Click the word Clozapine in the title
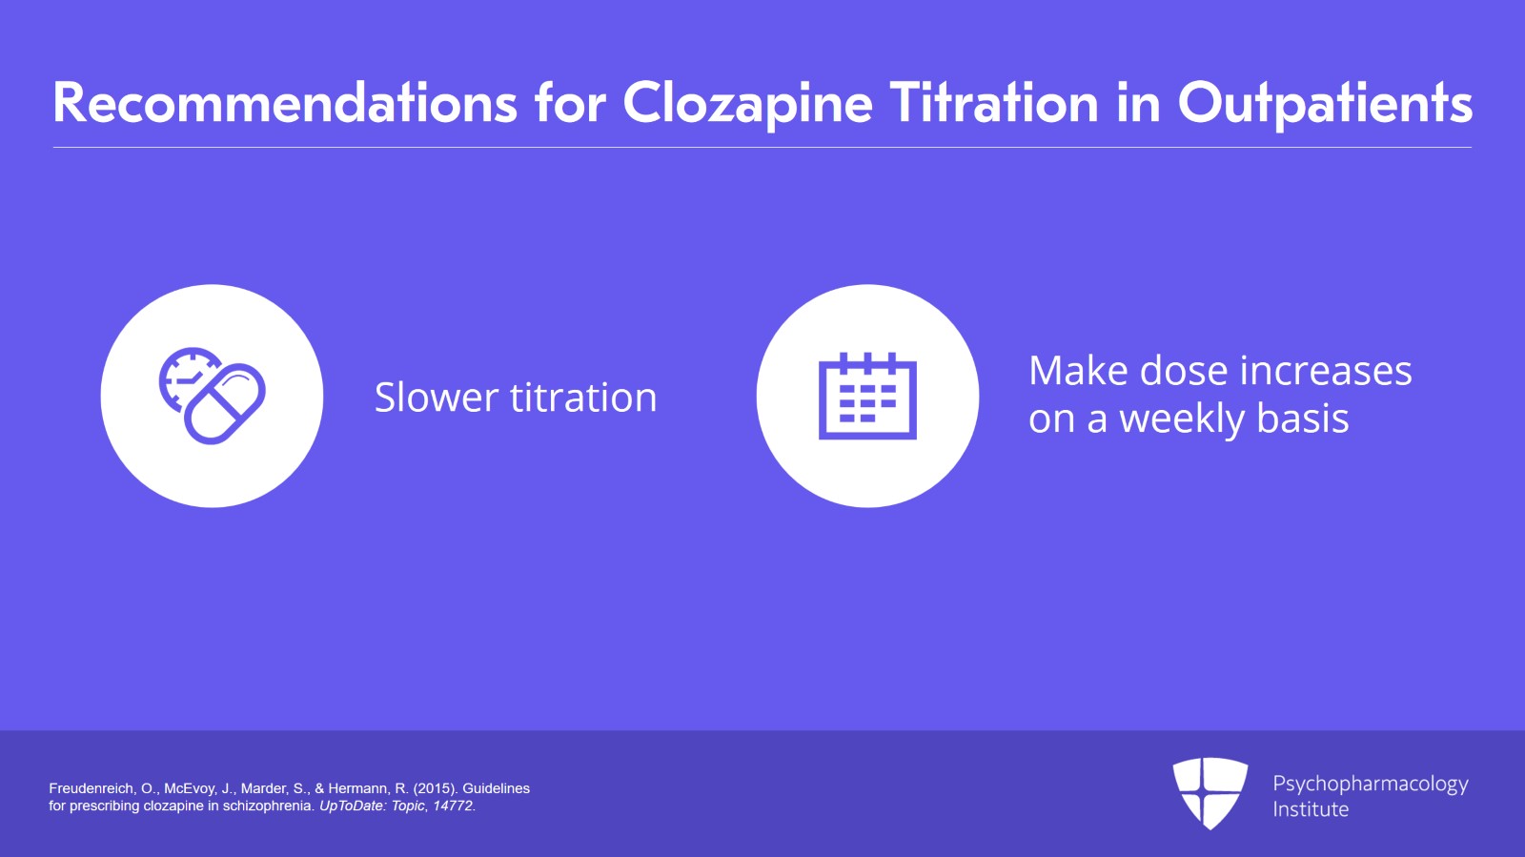747,103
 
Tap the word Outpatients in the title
1325,103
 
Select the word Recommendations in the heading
285,103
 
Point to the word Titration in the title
994,103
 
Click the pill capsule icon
225,403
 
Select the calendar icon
867,396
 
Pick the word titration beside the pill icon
583,398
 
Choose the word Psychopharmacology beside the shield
1370,784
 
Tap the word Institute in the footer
1311,809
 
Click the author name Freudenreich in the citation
91,788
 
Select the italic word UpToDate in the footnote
353,806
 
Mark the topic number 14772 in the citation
453,806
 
